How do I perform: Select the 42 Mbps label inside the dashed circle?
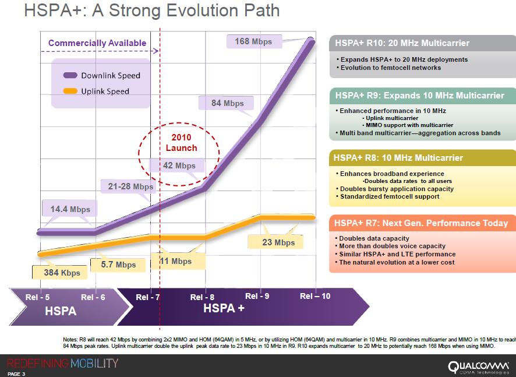point(179,165)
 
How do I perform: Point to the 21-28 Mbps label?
point(130,186)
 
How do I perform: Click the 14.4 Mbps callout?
point(70,209)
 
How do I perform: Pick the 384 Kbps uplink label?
point(62,272)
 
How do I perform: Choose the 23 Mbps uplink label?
point(278,242)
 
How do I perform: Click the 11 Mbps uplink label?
point(176,261)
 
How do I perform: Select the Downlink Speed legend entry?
point(102,75)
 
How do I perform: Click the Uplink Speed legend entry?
point(97,91)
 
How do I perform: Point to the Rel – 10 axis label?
point(315,296)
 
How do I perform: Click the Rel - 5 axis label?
point(37,297)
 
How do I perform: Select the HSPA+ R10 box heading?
point(402,43)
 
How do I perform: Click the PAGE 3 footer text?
point(16,374)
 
